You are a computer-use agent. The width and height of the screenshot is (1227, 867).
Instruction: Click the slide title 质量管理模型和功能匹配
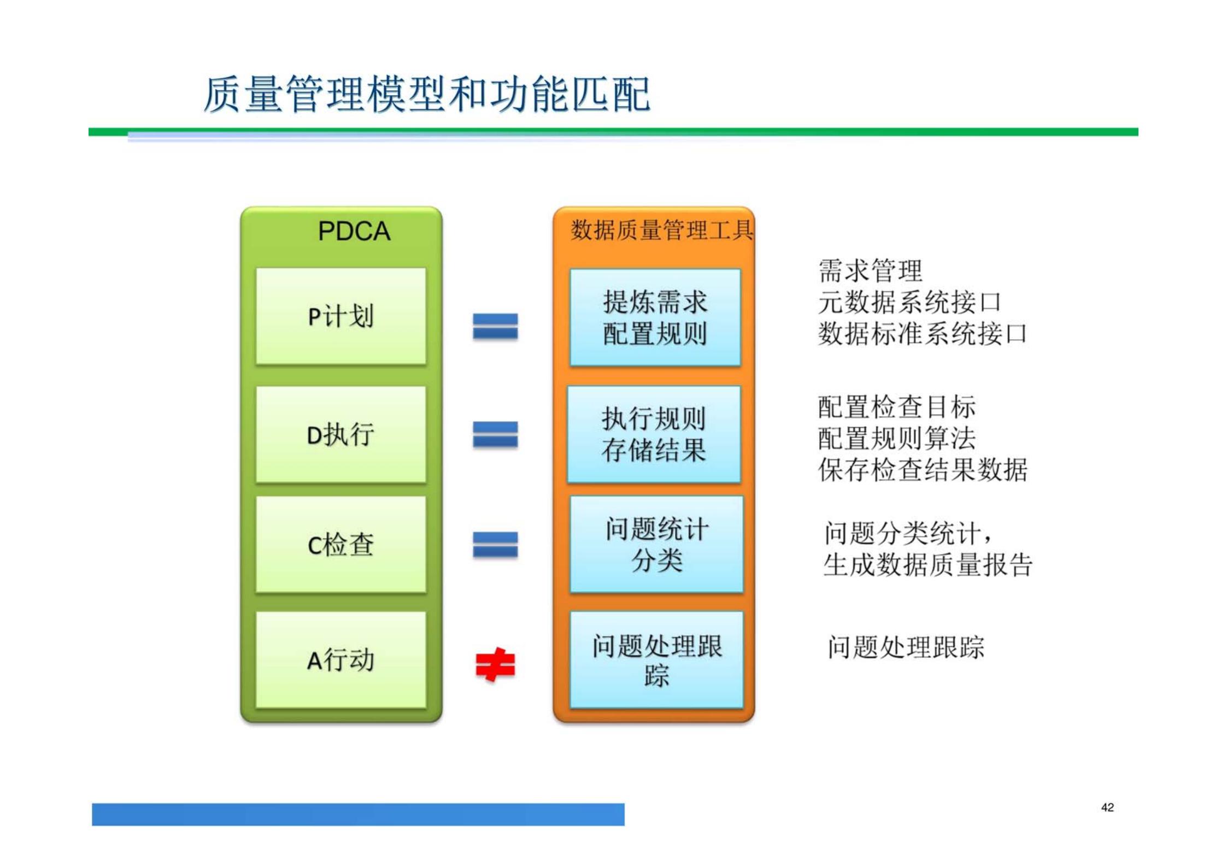pyautogui.click(x=427, y=95)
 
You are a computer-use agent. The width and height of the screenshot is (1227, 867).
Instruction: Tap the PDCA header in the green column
pyautogui.click(x=354, y=231)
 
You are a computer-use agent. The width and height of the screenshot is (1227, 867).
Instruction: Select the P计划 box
pyautogui.click(x=340, y=316)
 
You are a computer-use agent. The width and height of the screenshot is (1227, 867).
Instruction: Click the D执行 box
pyautogui.click(x=340, y=435)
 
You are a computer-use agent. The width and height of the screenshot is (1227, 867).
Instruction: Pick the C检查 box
pyautogui.click(x=340, y=545)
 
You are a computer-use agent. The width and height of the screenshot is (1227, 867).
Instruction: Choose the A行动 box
pyautogui.click(x=340, y=660)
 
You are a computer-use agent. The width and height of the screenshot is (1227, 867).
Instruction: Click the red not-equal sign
pyautogui.click(x=495, y=665)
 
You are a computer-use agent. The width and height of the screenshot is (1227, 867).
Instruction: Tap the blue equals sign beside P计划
pyautogui.click(x=495, y=326)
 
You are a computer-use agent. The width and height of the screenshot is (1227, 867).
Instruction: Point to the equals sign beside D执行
pyautogui.click(x=495, y=435)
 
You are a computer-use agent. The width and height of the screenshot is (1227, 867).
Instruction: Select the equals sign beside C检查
pyautogui.click(x=495, y=545)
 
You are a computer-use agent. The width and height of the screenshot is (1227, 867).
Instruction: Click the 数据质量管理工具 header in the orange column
pyautogui.click(x=661, y=231)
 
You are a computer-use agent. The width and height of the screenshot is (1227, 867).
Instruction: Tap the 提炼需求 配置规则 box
pyautogui.click(x=655, y=317)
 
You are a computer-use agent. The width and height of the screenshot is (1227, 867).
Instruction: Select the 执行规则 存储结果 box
pyautogui.click(x=654, y=435)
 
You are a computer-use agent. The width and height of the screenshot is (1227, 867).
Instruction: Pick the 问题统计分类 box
pyautogui.click(x=656, y=545)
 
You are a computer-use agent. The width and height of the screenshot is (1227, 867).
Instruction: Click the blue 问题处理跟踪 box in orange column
pyautogui.click(x=656, y=660)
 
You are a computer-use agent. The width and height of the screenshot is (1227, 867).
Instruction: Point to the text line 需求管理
pyautogui.click(x=870, y=271)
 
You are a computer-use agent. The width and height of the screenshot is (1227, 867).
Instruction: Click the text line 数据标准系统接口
pyautogui.click(x=923, y=334)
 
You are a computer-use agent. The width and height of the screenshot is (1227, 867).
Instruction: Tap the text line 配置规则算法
pyautogui.click(x=896, y=438)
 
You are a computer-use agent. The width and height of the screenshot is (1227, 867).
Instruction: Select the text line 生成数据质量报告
pyautogui.click(x=927, y=565)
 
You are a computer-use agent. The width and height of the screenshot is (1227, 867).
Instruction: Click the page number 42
pyautogui.click(x=1107, y=807)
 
